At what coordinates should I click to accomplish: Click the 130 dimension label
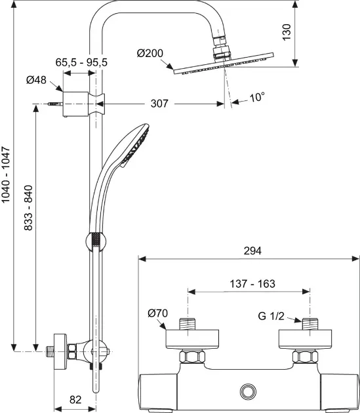tap(287, 32)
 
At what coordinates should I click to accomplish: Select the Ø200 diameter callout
tap(150, 54)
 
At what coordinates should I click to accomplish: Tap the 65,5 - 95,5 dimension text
tap(81, 63)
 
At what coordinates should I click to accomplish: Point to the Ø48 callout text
tap(36, 80)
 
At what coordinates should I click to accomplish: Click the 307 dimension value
tap(159, 104)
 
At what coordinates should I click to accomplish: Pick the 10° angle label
tap(257, 97)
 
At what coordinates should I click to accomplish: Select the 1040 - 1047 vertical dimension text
tap(6, 175)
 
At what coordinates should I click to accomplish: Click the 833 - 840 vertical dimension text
tap(28, 208)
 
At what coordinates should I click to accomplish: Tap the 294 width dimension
tap(252, 250)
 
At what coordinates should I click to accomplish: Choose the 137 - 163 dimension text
tap(252, 284)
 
